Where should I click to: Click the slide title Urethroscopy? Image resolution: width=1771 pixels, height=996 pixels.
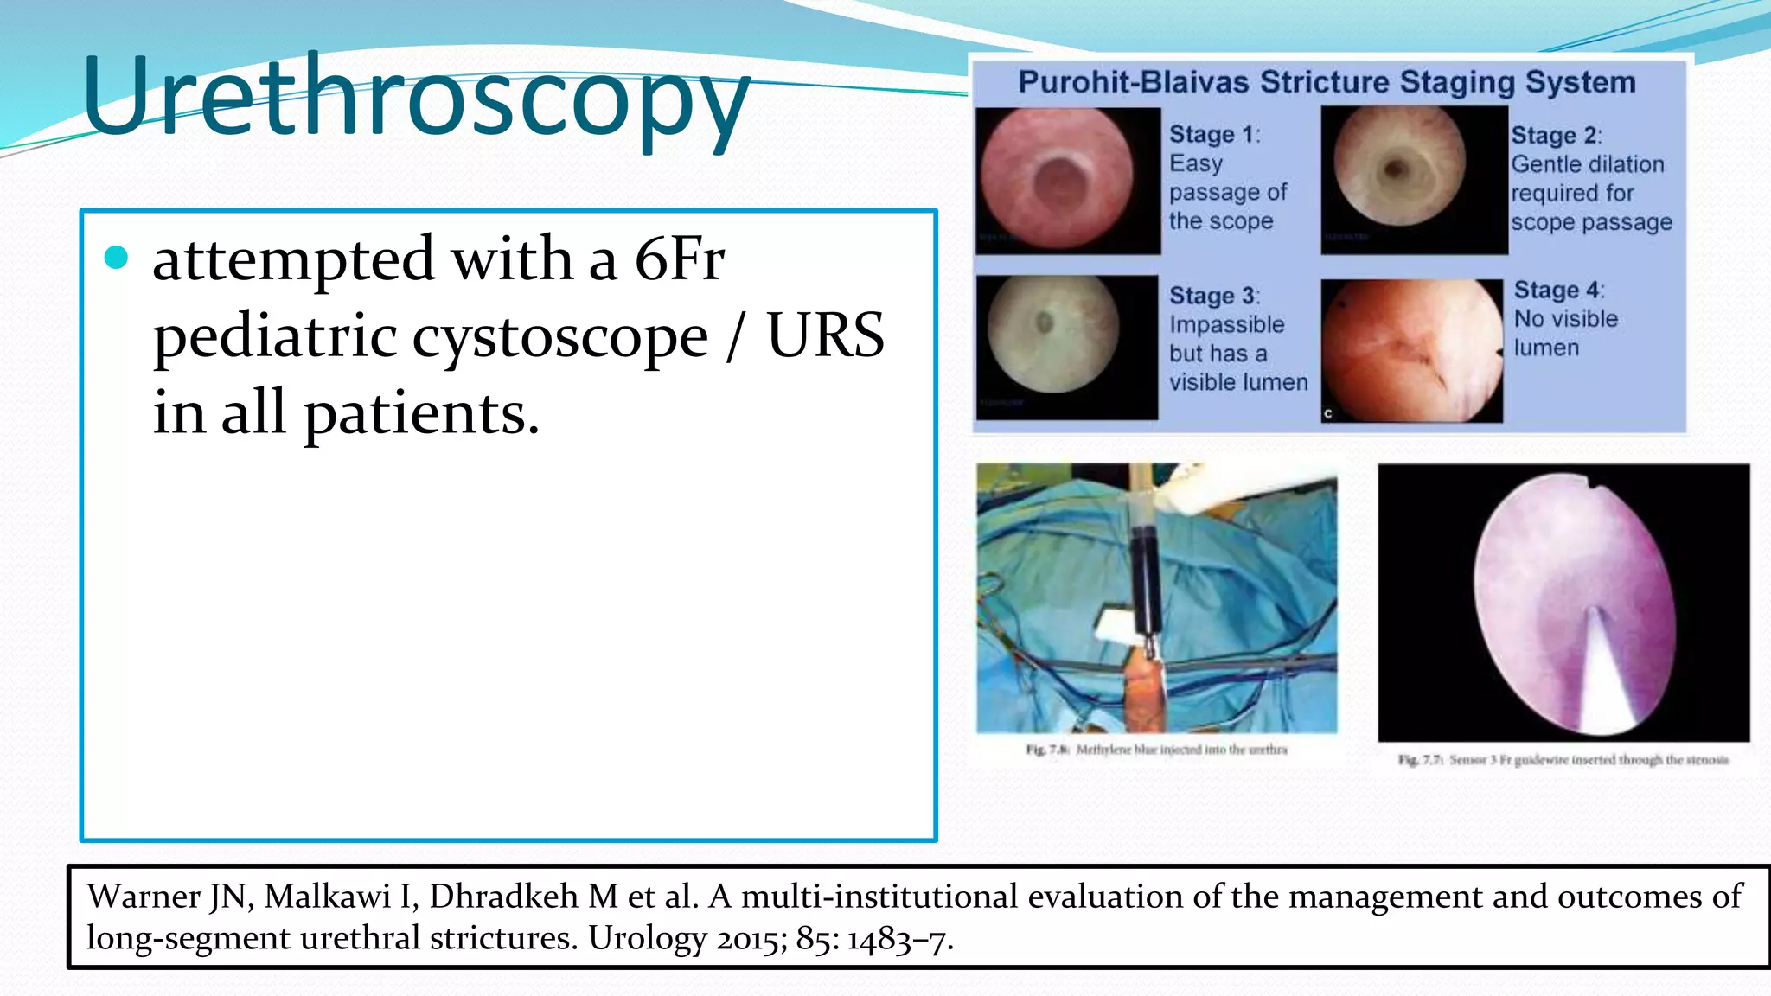(415, 97)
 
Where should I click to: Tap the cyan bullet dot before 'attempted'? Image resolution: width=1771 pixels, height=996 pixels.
(116, 258)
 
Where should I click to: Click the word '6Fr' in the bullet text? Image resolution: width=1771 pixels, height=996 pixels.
(679, 259)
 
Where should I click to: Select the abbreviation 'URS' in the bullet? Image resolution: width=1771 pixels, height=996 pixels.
(825, 335)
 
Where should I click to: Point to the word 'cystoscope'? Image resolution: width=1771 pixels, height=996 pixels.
(559, 337)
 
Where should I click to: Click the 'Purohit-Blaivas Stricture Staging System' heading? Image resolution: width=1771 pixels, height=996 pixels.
(1327, 83)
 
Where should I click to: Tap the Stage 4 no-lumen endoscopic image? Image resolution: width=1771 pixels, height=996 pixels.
(1411, 350)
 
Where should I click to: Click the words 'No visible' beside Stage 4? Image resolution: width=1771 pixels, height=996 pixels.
(1565, 319)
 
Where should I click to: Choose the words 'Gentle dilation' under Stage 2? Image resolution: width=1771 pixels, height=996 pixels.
(1587, 164)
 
